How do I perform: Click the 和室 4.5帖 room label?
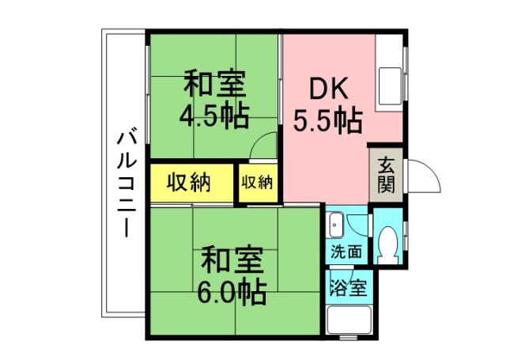[x=214, y=100]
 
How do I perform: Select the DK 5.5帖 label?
[x=328, y=104]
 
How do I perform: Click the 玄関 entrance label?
[x=386, y=175]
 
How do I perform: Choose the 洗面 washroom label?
[x=347, y=253]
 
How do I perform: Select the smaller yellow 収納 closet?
[x=257, y=183]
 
